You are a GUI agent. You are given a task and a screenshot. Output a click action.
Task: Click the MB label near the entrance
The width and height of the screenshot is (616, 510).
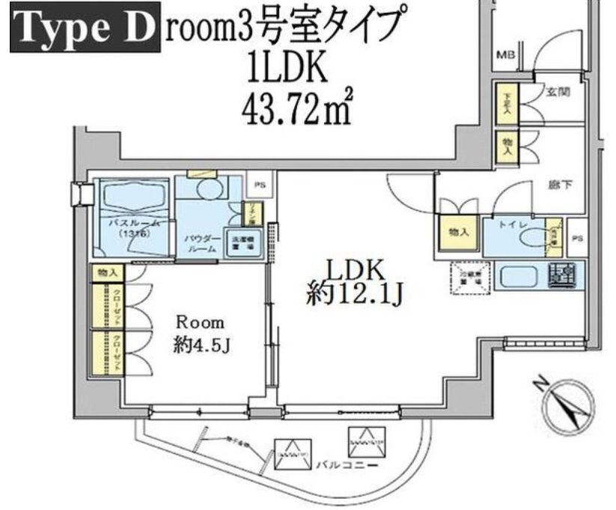(x=506, y=55)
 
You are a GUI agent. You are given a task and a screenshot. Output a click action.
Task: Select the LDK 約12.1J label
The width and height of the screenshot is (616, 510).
(x=354, y=283)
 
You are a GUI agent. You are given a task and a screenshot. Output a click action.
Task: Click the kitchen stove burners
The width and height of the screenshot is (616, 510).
(x=561, y=275)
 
